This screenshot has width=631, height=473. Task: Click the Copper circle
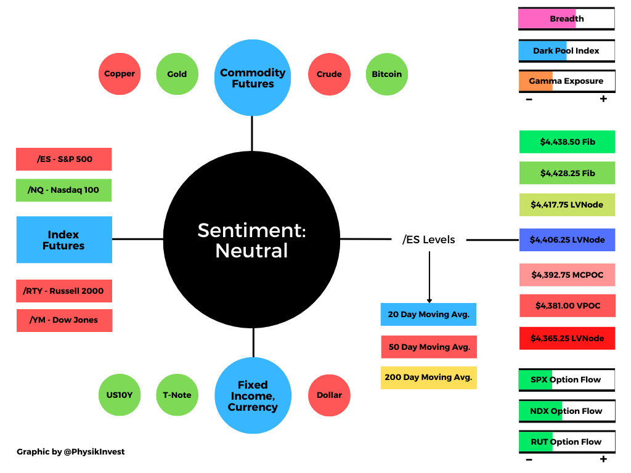(x=120, y=74)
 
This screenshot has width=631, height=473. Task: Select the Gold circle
(x=177, y=74)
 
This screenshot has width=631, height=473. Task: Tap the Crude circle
(x=329, y=74)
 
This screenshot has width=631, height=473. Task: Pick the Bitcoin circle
(x=387, y=74)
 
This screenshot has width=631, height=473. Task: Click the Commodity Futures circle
(x=253, y=78)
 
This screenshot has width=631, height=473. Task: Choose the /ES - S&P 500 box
(x=64, y=160)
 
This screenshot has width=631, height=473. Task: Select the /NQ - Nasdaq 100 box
(x=63, y=190)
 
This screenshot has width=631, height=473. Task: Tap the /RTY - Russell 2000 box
(x=64, y=291)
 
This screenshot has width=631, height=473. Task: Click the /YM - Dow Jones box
(x=64, y=320)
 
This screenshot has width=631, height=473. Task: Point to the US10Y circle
(x=120, y=395)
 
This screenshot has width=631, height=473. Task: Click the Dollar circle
(x=329, y=395)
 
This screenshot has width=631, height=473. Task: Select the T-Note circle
(x=177, y=395)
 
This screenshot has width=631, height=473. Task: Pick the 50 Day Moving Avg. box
(x=429, y=347)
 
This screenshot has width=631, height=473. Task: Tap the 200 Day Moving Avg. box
(x=429, y=378)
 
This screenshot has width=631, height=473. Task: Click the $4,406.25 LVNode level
(x=567, y=240)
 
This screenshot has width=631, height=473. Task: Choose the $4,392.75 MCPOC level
(x=567, y=275)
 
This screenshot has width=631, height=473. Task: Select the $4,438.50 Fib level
(x=567, y=142)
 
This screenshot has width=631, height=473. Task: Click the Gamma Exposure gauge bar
(x=567, y=81)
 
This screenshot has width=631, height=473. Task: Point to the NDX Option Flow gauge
(x=567, y=411)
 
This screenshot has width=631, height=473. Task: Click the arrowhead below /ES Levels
(x=429, y=301)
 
